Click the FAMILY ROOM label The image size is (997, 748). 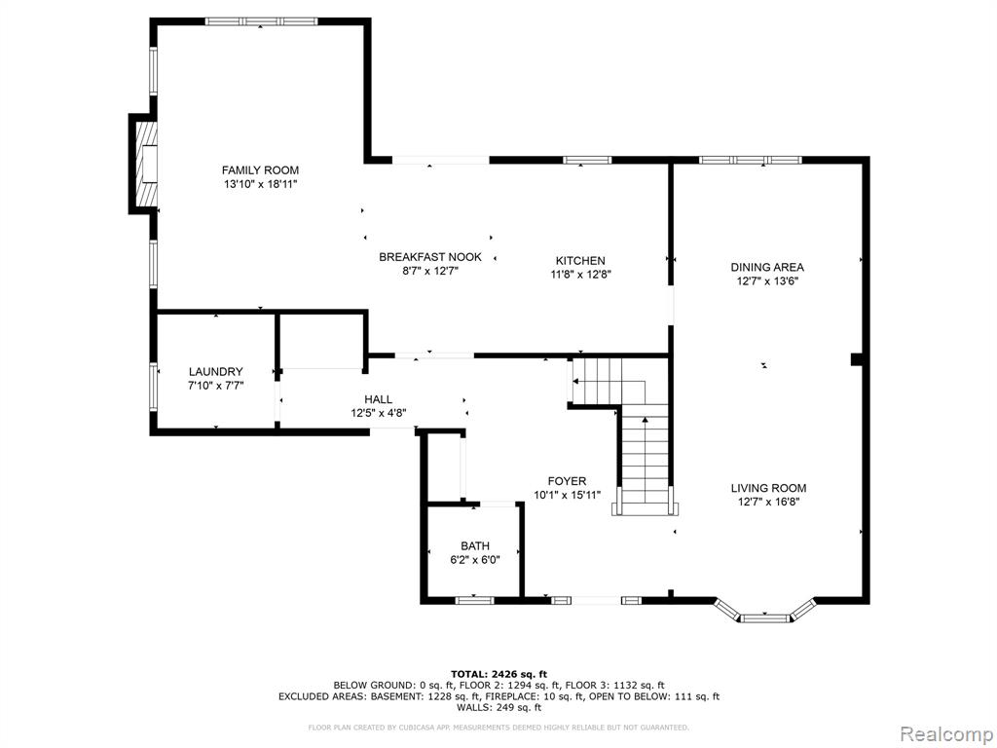(x=260, y=169)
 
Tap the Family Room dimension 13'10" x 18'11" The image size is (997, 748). (x=260, y=184)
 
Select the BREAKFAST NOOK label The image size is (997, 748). (x=430, y=257)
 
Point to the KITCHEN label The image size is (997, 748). (x=580, y=261)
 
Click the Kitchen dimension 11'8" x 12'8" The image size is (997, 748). (x=580, y=275)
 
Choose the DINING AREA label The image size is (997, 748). (x=767, y=267)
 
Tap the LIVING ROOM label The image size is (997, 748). (x=768, y=488)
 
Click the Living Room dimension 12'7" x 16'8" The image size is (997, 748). (x=768, y=502)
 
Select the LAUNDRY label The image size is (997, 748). (x=215, y=371)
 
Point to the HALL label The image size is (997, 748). (x=379, y=399)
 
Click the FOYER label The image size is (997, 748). (x=568, y=481)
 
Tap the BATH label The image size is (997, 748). (x=475, y=545)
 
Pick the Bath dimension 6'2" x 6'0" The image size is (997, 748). (x=475, y=560)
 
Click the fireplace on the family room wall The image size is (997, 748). (x=143, y=164)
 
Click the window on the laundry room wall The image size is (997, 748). (x=153, y=386)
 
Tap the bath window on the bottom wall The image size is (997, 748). (x=475, y=599)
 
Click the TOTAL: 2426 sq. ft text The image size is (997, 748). (x=499, y=674)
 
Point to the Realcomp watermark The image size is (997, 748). (x=945, y=733)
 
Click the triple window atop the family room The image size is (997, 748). (x=261, y=21)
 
